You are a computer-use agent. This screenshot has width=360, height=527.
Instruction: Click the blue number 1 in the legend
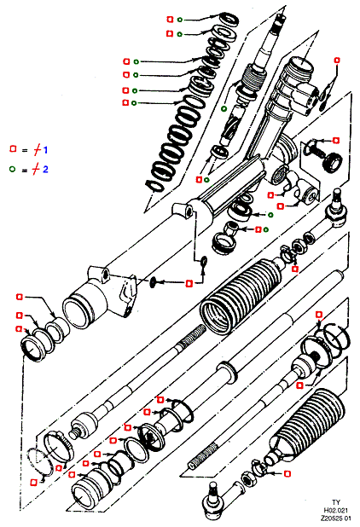point(45,149)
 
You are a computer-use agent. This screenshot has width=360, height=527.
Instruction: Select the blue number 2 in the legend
point(45,169)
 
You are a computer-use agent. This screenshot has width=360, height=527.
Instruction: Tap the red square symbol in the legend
point(13,149)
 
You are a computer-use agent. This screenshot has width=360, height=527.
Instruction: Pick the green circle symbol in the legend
point(13,169)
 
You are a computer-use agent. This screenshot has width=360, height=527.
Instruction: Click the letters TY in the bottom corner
point(336,503)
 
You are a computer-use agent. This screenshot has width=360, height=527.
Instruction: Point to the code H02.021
point(336,511)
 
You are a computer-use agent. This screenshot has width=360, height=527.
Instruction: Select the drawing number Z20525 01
point(336,518)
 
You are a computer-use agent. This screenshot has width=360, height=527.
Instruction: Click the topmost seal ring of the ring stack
point(229,19)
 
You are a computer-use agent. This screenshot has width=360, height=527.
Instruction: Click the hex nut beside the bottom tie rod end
point(249,478)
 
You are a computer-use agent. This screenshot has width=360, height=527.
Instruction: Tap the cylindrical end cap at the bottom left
point(89,487)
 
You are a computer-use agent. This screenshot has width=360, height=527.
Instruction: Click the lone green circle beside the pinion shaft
point(224,108)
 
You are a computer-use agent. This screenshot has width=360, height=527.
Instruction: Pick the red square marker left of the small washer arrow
point(189,284)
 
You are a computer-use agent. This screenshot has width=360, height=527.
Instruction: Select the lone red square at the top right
point(337,61)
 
